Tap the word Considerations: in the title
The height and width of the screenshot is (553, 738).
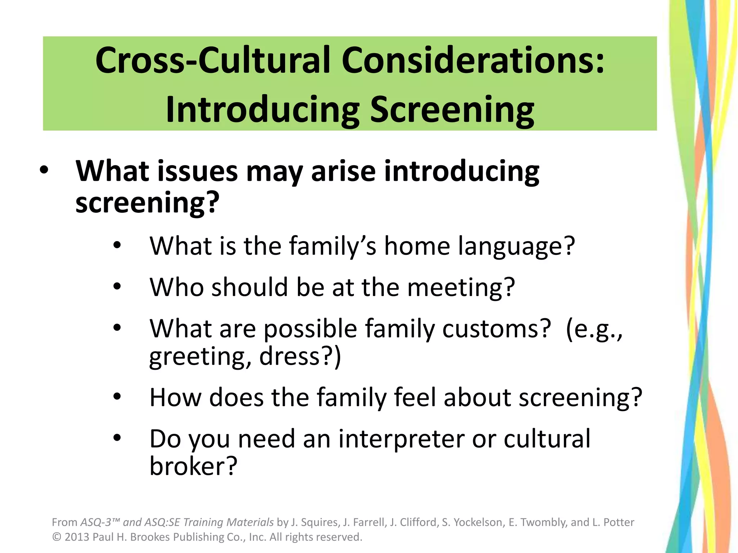tap(473, 60)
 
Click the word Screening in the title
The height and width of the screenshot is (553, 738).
tap(452, 110)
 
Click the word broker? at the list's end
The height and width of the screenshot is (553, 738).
tap(194, 466)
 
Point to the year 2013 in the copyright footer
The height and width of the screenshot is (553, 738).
tap(77, 537)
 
